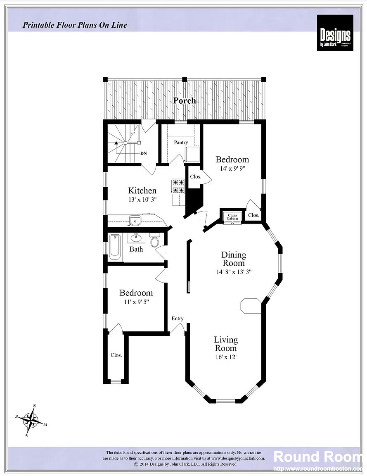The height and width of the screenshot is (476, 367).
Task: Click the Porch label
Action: pos(184,100)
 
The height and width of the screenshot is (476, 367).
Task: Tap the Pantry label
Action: pos(181,143)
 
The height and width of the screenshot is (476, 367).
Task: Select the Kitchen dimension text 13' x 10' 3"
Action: pos(142,199)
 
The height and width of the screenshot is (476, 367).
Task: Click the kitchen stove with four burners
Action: pos(178,186)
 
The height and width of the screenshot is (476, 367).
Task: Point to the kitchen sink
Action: pos(135,220)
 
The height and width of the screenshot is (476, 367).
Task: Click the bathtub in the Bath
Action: pos(115,247)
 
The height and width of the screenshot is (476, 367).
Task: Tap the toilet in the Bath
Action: pos(155,240)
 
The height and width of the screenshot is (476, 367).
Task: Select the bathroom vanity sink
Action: pos(136,238)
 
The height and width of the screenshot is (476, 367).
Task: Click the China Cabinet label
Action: pos(232,217)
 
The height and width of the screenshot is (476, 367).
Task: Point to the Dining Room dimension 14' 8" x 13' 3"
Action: pos(234,272)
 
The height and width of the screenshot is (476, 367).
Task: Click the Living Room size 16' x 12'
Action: pos(225,357)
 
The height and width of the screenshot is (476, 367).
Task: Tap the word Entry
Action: pos(178,318)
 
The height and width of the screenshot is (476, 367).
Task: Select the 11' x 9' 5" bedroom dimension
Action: pos(136,302)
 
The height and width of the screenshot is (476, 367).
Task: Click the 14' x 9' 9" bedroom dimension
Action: pos(232,168)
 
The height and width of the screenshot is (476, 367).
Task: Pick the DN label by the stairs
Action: pos(144,153)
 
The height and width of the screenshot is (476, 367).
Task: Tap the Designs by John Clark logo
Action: pos(335,33)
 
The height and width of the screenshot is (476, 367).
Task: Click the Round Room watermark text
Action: pos(318,457)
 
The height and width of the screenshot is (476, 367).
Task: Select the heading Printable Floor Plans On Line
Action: pos(75,25)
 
